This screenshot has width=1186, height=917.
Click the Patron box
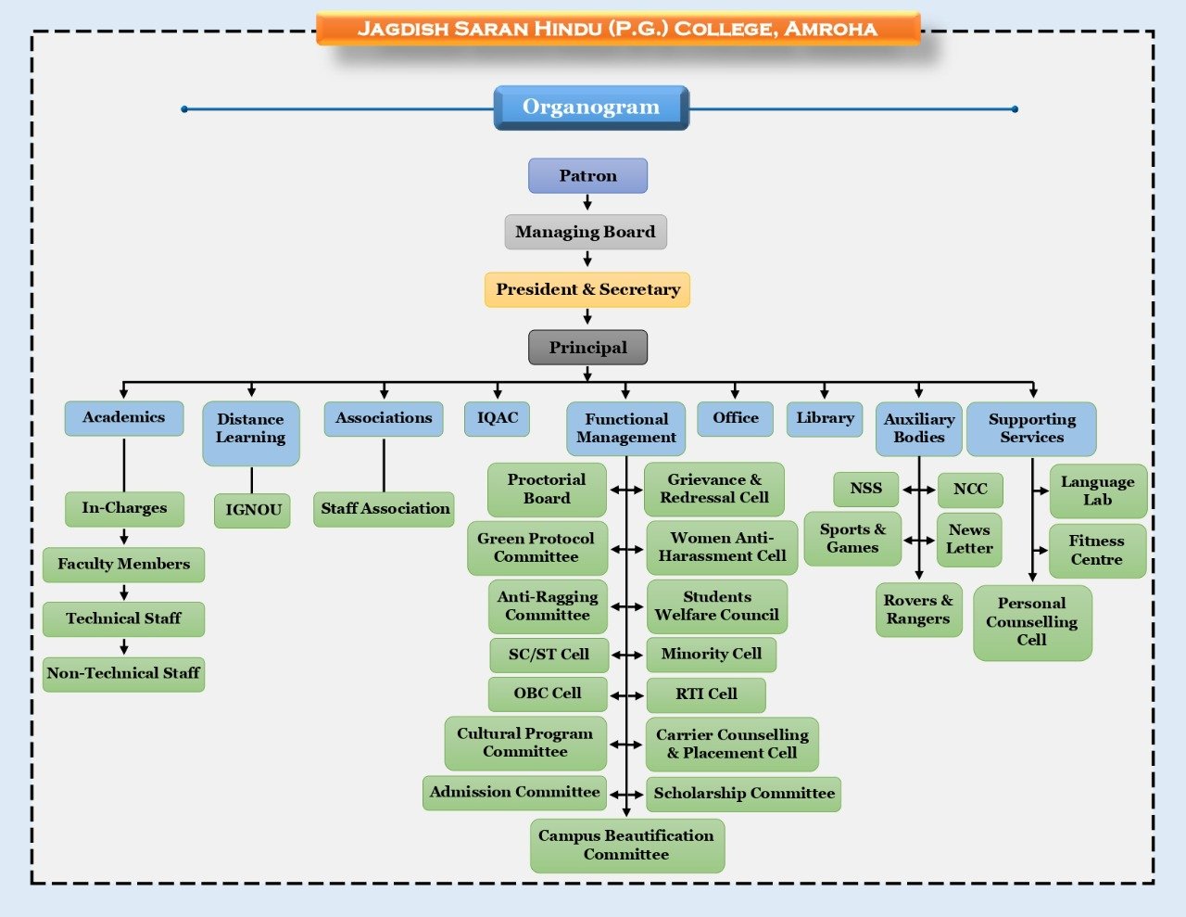pyautogui.click(x=587, y=176)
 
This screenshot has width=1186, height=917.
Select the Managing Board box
pyautogui.click(x=586, y=232)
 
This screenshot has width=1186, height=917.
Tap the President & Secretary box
pyautogui.click(x=587, y=289)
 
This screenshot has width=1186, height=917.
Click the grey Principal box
pyautogui.click(x=587, y=348)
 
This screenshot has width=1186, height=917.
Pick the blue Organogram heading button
pyautogui.click(x=591, y=108)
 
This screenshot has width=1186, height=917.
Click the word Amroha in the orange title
pyautogui.click(x=830, y=29)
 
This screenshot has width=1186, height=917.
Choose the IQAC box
pyautogui.click(x=498, y=418)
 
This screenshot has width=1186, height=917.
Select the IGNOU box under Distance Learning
pyautogui.click(x=252, y=510)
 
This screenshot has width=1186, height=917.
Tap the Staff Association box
pyautogui.click(x=385, y=509)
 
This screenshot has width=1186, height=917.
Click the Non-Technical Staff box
pyautogui.click(x=123, y=674)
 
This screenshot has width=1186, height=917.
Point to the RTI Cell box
pyautogui.click(x=706, y=694)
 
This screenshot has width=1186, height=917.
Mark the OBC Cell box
pyautogui.click(x=548, y=694)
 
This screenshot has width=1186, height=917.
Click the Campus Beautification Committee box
pyautogui.click(x=626, y=845)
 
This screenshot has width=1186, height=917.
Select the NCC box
pyautogui.click(x=970, y=490)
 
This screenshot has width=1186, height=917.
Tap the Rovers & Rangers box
pyautogui.click(x=918, y=610)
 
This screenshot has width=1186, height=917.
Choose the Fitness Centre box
pyautogui.click(x=1096, y=551)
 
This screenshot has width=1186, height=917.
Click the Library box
pyautogui.click(x=825, y=418)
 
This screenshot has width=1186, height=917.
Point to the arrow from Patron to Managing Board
pyautogui.click(x=587, y=203)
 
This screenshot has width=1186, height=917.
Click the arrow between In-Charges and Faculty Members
pyautogui.click(x=124, y=537)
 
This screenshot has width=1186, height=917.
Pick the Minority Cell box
pyautogui.click(x=711, y=655)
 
